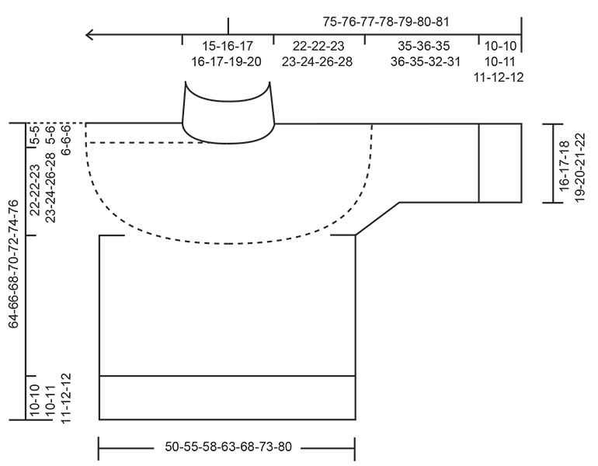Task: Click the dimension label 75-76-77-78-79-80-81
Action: (386, 22)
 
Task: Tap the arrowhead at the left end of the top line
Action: (90, 34)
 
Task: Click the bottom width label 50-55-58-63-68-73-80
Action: (228, 448)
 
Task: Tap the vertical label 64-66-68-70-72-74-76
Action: (13, 264)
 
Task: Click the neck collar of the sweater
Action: (228, 113)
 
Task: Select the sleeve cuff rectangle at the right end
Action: (499, 163)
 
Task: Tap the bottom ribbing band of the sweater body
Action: (227, 398)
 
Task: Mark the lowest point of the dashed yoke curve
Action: (229, 243)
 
